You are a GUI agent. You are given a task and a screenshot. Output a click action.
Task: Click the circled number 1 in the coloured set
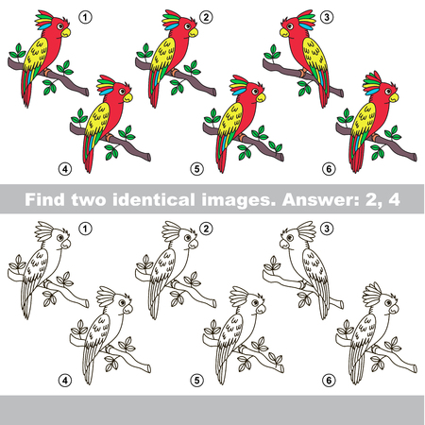pyautogui.click(x=85, y=17)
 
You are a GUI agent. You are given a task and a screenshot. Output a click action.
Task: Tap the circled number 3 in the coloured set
pyautogui.click(x=327, y=17)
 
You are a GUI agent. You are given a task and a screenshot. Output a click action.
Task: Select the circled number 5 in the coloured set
pyautogui.click(x=196, y=169)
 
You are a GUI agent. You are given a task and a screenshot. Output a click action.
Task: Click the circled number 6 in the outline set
pyautogui.click(x=329, y=381)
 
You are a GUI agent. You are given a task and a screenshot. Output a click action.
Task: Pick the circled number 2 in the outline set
pyautogui.click(x=206, y=229)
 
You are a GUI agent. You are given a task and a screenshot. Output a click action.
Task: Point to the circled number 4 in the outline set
pyautogui.click(x=65, y=381)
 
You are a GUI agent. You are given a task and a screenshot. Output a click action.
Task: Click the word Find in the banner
pyautogui.click(x=44, y=199)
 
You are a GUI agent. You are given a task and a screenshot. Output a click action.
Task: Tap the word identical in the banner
pyautogui.click(x=153, y=199)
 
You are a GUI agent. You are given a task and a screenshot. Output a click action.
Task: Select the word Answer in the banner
pyautogui.click(x=320, y=199)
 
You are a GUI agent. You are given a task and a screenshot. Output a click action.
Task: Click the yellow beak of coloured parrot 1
pyautogui.click(x=66, y=32)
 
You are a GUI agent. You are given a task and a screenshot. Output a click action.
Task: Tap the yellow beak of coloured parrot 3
pyautogui.click(x=284, y=32)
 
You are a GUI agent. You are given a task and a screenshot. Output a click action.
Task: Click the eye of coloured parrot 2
pyautogui.click(x=188, y=26)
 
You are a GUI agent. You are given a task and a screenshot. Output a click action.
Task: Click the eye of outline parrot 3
pyautogui.click(x=290, y=238)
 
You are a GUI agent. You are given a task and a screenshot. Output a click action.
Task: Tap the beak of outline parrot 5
pyautogui.click(x=261, y=309)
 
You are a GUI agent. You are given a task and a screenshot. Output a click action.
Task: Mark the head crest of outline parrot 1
pyautogui.click(x=44, y=230)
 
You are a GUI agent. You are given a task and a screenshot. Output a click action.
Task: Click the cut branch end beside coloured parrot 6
pyautogui.click(x=415, y=157)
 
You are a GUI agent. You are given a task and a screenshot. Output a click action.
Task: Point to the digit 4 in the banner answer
pyautogui.click(x=394, y=199)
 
